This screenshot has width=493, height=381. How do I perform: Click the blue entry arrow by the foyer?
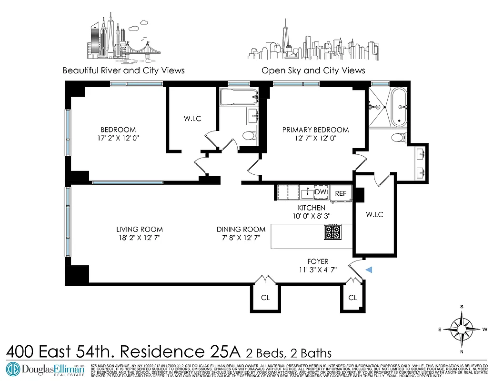click(x=369, y=271)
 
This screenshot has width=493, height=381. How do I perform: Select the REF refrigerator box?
click(x=341, y=194)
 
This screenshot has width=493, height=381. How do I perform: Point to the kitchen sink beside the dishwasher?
click(x=307, y=193)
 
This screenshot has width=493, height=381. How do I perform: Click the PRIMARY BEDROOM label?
click(x=315, y=130)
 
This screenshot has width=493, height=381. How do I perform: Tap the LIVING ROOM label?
click(x=140, y=230)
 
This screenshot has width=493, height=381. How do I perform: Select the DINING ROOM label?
click(x=241, y=230)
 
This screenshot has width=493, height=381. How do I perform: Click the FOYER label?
click(x=318, y=261)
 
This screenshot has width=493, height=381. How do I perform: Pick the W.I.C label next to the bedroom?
click(x=192, y=119)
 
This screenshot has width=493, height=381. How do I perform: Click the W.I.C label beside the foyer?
click(x=375, y=215)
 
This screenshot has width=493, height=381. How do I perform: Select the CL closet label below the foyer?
click(x=352, y=298)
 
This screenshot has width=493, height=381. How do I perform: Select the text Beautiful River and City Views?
click(x=123, y=70)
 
